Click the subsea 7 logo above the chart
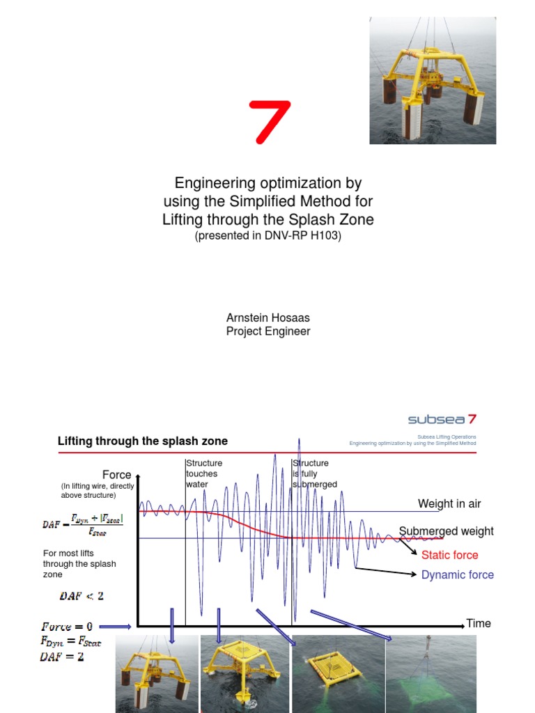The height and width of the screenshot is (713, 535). [442, 419]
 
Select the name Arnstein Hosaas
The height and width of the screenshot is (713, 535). [267, 318]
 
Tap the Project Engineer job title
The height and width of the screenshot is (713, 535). [267, 331]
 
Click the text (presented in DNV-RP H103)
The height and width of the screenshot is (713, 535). [267, 236]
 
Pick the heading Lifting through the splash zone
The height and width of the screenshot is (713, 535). [142, 441]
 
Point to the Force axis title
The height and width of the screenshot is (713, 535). [116, 475]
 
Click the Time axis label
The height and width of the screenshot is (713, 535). [479, 623]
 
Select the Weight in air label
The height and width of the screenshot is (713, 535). [449, 503]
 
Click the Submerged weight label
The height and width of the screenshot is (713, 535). [447, 531]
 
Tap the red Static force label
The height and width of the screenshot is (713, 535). [449, 555]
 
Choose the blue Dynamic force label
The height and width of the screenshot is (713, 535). [457, 574]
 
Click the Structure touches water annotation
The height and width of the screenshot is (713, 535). [203, 473]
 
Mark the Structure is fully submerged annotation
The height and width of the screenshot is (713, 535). [312, 473]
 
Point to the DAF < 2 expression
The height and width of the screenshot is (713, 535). [81, 596]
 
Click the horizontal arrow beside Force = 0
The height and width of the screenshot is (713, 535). [114, 627]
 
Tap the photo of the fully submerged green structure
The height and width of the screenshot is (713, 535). [429, 674]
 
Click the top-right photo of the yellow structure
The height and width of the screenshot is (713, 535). [432, 81]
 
